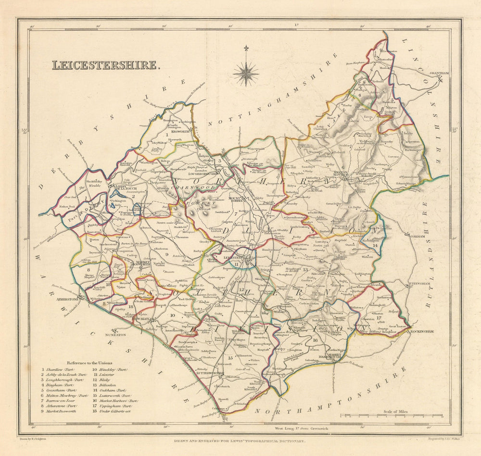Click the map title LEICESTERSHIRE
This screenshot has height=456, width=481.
pyautogui.click(x=105, y=65)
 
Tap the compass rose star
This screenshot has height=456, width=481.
pyautogui.click(x=246, y=74)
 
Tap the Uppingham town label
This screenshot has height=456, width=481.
pyautogui.click(x=420, y=284)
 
